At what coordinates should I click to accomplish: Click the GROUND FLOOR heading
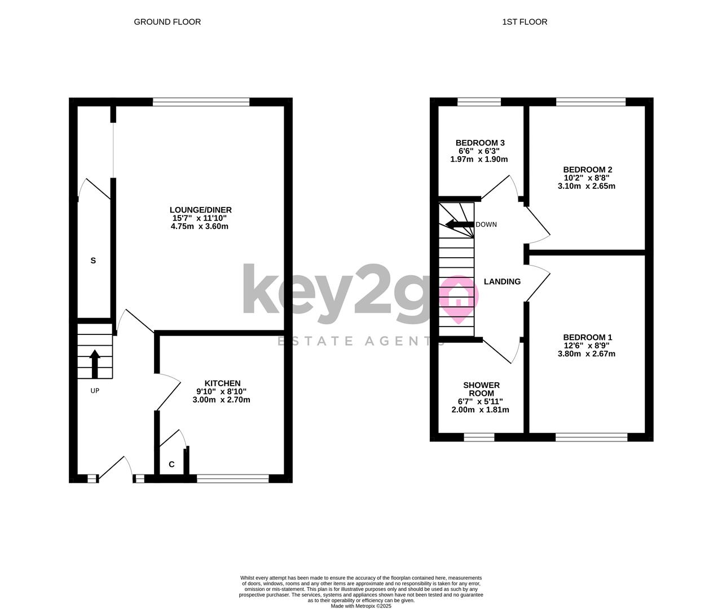click(x=167, y=22)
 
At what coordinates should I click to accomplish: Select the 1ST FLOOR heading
click(x=525, y=22)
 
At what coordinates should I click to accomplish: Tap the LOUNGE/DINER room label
click(x=201, y=210)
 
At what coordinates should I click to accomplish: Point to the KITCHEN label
click(x=222, y=383)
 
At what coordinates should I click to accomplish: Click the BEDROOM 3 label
click(x=480, y=143)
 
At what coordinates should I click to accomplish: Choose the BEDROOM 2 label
click(x=588, y=170)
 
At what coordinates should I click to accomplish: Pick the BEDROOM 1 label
click(x=588, y=337)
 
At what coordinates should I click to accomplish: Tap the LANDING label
click(x=502, y=282)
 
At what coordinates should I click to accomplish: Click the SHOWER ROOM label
click(x=481, y=389)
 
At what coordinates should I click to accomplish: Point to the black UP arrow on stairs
click(x=95, y=364)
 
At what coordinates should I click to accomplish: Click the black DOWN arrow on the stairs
click(x=460, y=224)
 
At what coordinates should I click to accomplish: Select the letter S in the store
click(x=93, y=261)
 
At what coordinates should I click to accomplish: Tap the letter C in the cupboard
click(x=171, y=465)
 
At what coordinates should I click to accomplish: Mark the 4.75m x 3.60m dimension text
click(x=200, y=226)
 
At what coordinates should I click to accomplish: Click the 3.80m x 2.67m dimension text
click(x=587, y=354)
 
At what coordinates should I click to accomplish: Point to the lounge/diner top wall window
click(x=201, y=102)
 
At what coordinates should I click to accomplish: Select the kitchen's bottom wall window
click(x=233, y=478)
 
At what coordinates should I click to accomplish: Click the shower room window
click(x=479, y=437)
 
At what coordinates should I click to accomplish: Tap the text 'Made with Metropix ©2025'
click(x=361, y=606)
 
